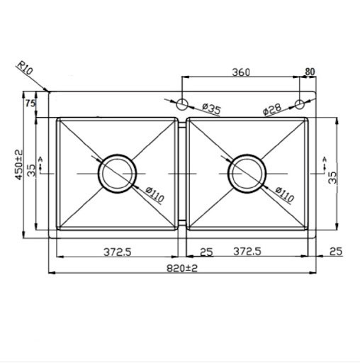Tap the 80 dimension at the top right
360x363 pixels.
tap(310, 72)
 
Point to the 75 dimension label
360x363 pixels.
tap(31, 104)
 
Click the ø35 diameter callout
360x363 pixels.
tap(211, 108)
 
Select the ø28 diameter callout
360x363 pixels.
tap(273, 110)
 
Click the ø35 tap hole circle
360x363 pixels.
tap(182, 105)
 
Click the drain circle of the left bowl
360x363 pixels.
tap(116, 172)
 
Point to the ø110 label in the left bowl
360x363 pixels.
tap(154, 194)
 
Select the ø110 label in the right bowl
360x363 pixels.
tap(283, 194)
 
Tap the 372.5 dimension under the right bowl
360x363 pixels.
tap(248, 252)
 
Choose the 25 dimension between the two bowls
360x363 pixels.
tap(206, 252)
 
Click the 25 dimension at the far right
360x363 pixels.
tap(336, 252)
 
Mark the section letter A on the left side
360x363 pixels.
tap(40, 157)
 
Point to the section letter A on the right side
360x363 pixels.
tap(325, 157)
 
